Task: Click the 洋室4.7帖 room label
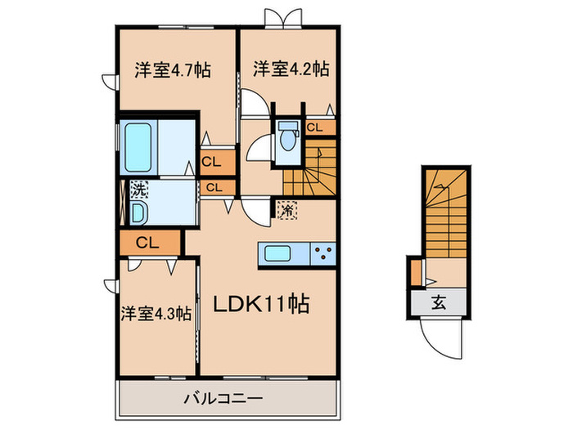pos(172,70)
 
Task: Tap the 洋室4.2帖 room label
pos(291,69)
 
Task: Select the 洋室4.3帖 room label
pos(156,312)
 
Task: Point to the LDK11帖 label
pos(261,305)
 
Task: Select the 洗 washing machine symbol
pos(140,190)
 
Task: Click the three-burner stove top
pos(323,254)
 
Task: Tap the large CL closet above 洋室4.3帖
pos(147,242)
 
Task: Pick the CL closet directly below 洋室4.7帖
pos(210,162)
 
